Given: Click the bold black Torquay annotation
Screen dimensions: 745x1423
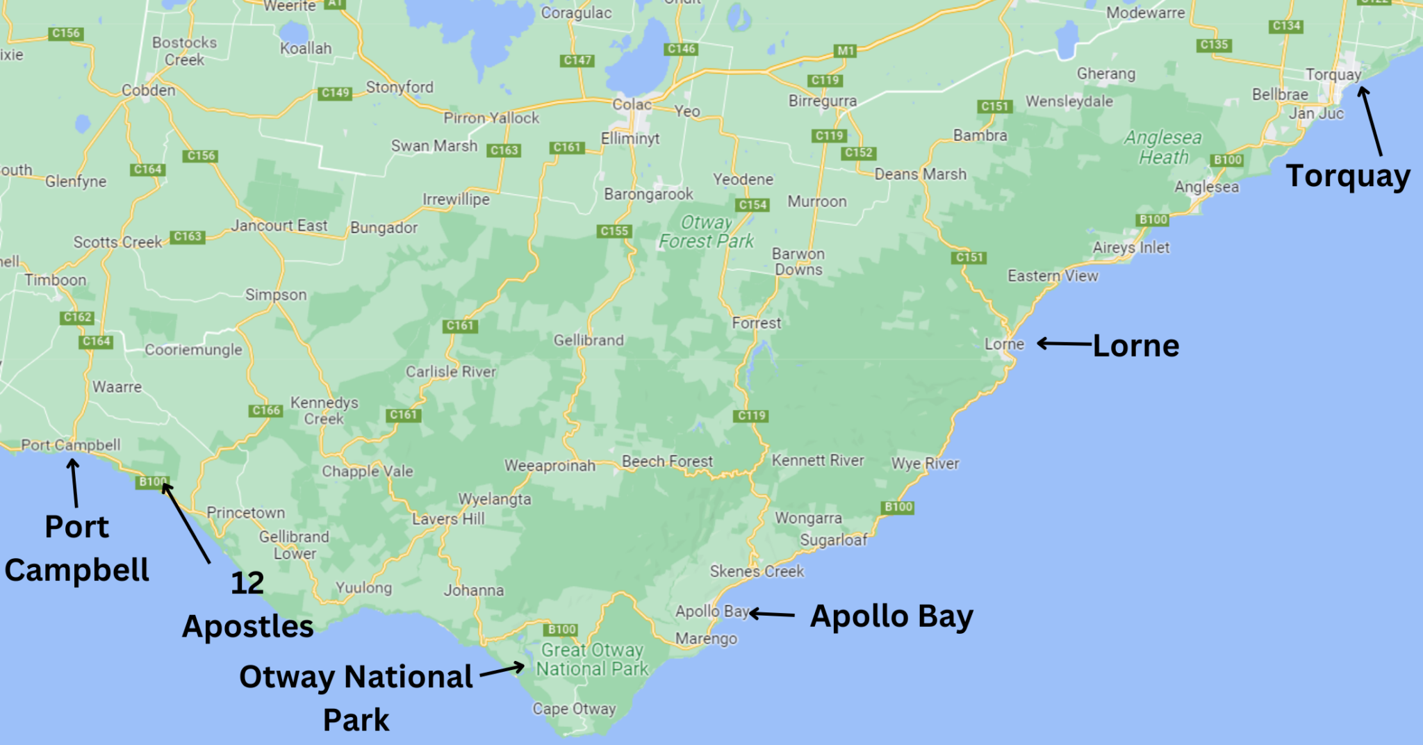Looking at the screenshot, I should [1347, 176].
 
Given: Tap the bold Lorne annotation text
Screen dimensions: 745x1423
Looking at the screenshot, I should [1135, 346].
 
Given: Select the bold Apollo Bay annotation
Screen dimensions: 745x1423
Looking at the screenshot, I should [891, 616].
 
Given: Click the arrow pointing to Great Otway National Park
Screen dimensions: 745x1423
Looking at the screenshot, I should [502, 670].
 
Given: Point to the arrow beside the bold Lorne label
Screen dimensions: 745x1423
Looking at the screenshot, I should [1064, 343].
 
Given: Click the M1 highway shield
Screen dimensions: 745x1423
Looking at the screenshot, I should [845, 51].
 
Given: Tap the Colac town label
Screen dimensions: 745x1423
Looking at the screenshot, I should [631, 105].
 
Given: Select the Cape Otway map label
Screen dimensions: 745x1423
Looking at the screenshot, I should [574, 709].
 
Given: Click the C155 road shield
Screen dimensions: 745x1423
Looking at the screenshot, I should [614, 231].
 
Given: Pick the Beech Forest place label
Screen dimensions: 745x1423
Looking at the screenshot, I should [667, 461].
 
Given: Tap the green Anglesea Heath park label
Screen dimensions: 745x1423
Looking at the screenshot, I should [1163, 147].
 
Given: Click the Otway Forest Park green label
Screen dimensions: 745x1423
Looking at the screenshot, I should [706, 232].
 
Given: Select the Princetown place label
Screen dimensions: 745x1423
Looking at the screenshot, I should [246, 513].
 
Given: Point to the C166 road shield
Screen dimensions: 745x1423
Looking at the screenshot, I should [266, 411].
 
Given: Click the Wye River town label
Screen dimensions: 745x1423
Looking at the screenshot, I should [925, 464].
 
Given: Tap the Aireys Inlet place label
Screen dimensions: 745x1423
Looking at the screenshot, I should [1130, 247].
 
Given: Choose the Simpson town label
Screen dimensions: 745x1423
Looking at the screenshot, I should [276, 295].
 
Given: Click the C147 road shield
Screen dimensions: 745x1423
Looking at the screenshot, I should [577, 60].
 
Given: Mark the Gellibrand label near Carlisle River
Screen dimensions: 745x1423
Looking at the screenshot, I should [589, 341].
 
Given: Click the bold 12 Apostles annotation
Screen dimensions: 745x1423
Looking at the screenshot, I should [247, 605].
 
